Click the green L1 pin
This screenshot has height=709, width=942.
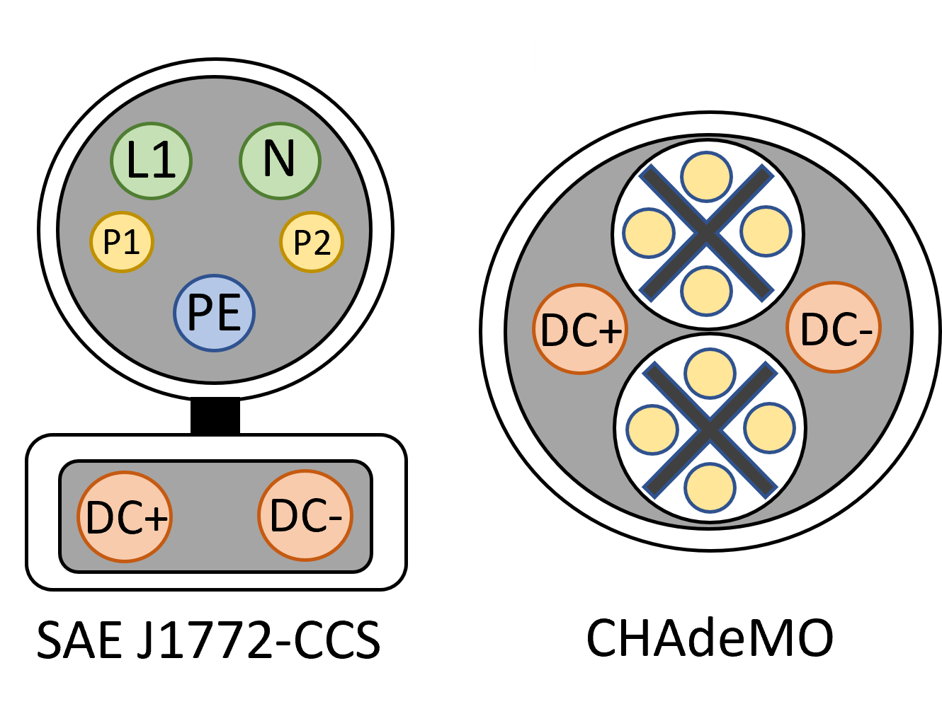point(151,161)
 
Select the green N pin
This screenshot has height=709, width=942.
point(280,161)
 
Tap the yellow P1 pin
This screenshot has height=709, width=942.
point(122,242)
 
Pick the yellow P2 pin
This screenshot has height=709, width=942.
point(312,242)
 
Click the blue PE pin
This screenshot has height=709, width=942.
point(214,313)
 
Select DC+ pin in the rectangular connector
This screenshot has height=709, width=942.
point(125,517)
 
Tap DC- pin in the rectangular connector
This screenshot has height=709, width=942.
point(305,516)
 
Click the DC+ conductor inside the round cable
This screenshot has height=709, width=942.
point(580,330)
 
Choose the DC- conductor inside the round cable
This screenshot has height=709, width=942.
point(834,328)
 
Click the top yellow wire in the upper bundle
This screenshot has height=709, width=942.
point(706,177)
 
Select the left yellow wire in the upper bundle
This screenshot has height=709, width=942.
point(648,233)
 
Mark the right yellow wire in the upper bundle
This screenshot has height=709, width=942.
point(766,231)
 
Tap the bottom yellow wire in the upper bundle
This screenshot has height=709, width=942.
point(707,291)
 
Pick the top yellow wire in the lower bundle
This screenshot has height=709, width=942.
point(710,374)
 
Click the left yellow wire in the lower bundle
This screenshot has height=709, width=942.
point(652,430)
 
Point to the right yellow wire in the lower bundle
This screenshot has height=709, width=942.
point(769,428)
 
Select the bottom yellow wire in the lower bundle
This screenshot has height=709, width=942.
point(710,488)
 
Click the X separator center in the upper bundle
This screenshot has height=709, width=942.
point(706,233)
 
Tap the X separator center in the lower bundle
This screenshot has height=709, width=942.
point(710,430)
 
